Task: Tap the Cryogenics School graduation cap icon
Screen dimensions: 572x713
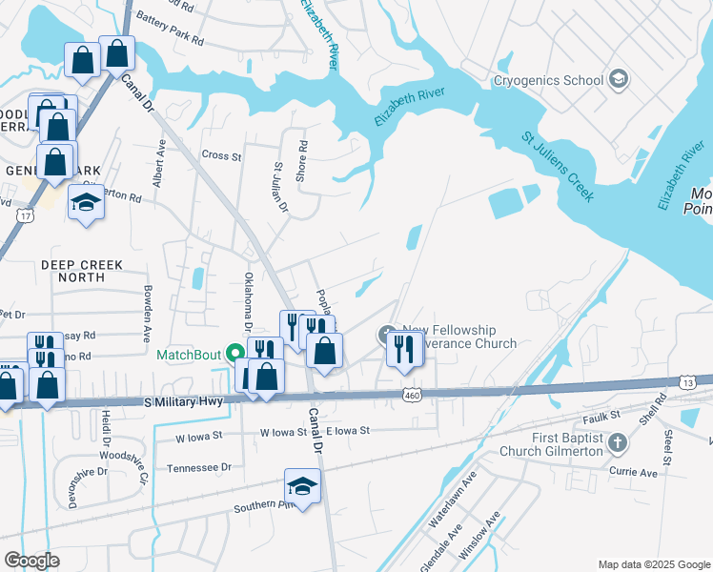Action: tap(619, 79)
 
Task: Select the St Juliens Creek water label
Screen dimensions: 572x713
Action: tap(558, 167)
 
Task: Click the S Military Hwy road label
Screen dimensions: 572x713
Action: tap(186, 402)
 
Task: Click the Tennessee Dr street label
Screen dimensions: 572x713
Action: tap(199, 468)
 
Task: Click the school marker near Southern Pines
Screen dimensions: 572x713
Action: tap(302, 487)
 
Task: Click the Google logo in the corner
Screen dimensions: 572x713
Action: tap(31, 560)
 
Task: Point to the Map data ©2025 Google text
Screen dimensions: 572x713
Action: tap(654, 564)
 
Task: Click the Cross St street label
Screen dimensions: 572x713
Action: tap(222, 155)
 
